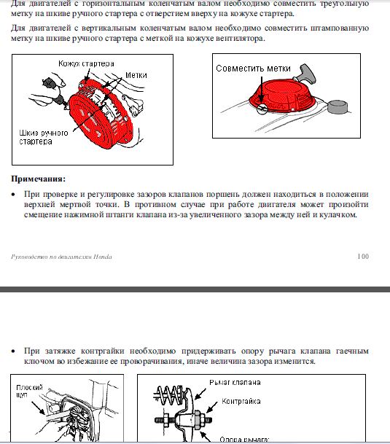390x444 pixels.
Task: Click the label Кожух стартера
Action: coord(86,63)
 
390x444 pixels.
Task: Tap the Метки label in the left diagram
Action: coord(136,75)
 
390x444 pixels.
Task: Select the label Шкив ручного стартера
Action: coord(43,137)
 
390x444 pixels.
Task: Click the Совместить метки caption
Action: coord(253,69)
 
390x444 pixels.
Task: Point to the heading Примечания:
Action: coord(38,179)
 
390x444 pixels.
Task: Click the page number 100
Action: coord(363,257)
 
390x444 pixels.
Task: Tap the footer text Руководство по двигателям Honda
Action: coord(61,257)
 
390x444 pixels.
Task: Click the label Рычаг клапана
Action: coord(235,383)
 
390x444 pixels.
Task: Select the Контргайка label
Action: coord(241,401)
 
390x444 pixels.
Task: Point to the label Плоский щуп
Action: coord(29,391)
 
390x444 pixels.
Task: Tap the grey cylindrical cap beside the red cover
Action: coord(338,107)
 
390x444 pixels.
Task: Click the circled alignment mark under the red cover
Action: coord(262,109)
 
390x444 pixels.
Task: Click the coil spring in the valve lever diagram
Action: coord(169,394)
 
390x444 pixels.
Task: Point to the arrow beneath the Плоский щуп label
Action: coord(38,408)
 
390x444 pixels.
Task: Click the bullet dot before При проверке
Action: coord(13,195)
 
